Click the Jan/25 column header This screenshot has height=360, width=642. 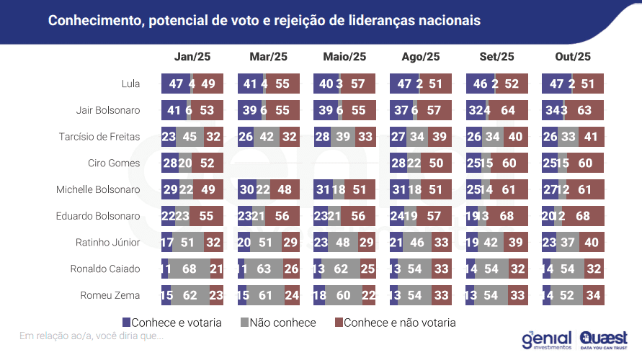pos(192,57)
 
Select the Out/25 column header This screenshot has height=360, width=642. pos(573,57)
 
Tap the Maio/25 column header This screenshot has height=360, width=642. pos(345,57)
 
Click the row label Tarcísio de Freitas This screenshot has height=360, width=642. pos(99,137)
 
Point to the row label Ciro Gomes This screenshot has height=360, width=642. pos(114,163)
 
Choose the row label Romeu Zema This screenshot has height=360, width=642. pos(112,296)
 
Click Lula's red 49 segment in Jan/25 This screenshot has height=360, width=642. pos(210,84)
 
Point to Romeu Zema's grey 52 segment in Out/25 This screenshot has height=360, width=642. pos(569,296)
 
